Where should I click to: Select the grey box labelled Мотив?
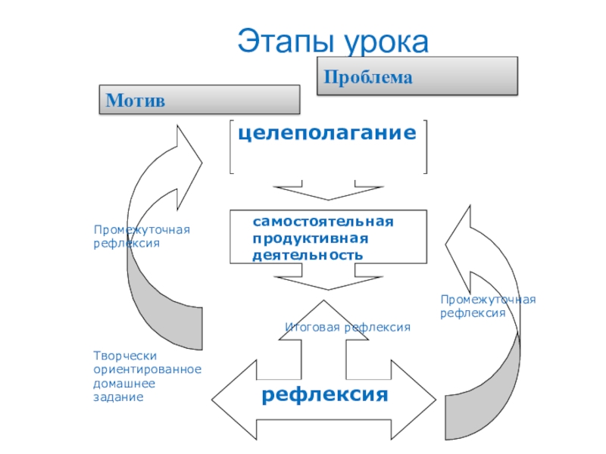coord(199,99)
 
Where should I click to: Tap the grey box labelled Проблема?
coord(417,76)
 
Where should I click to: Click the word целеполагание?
coord(328,133)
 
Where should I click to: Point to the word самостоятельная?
coord(323,222)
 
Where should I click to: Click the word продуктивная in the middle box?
coord(310,238)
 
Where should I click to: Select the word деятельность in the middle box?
coord(308,255)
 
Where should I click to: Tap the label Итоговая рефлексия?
coord(348,327)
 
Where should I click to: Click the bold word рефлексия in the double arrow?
coord(325,394)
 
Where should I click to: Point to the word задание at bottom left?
coord(118,397)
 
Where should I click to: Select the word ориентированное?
coord(147,370)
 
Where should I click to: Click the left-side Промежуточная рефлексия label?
coord(142,236)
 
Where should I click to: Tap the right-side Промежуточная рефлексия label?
coord(488,306)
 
